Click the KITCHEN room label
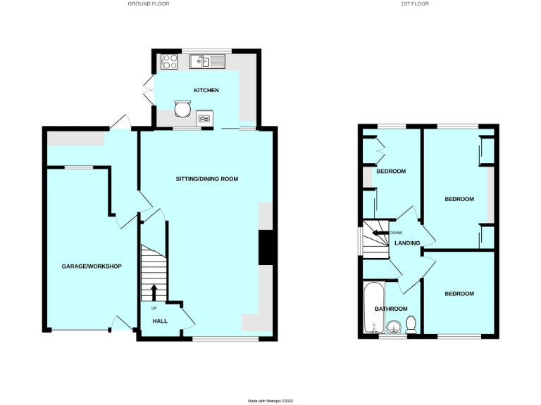206,91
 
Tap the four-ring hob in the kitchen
169,62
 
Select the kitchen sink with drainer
207,63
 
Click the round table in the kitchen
182,110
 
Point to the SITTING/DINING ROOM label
207,179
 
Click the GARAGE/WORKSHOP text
92,266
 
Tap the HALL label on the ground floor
160,321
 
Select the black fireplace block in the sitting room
266,247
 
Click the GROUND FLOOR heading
148,4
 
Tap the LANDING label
407,243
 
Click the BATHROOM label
391,309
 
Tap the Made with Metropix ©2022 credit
270,401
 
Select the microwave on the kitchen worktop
204,119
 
